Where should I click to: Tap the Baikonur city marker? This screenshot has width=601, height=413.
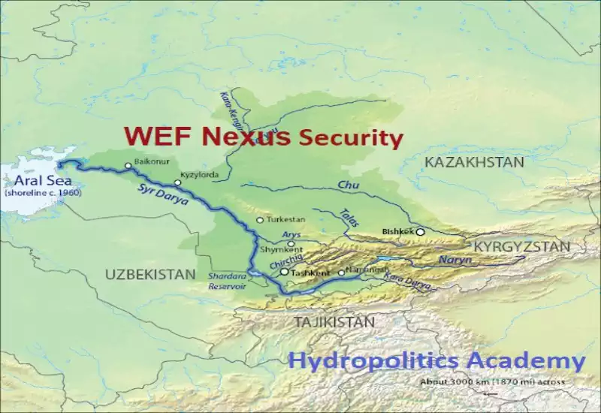tap(128, 165)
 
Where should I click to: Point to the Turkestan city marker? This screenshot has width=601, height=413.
tap(260, 220)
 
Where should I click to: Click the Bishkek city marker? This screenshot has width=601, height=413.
tap(421, 232)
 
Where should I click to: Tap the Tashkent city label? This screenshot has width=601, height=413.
tap(307, 273)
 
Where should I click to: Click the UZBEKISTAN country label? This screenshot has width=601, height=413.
tap(149, 274)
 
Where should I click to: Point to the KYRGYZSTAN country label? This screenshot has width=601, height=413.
tap(519, 246)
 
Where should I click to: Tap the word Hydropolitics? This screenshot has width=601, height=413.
tap(364, 361)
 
